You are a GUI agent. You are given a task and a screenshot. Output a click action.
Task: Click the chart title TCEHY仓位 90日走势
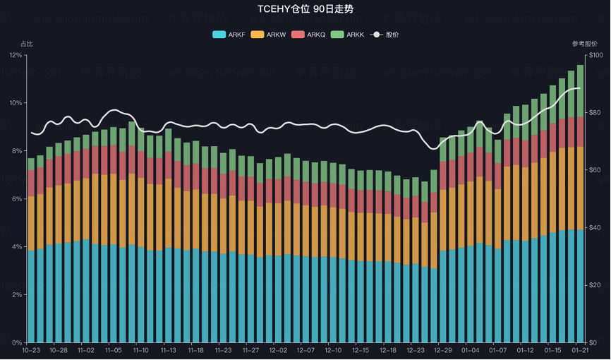coord(305,9)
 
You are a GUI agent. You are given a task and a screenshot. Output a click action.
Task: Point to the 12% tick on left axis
coord(15,55)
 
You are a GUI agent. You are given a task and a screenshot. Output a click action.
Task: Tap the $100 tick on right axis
coord(595,55)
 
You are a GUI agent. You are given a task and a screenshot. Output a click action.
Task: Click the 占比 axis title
coord(27,44)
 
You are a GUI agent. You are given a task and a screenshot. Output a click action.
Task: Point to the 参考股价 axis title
coord(585,44)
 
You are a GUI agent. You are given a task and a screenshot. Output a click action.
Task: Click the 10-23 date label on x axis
coord(31,350)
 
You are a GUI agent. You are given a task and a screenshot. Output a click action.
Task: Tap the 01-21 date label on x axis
coord(580,350)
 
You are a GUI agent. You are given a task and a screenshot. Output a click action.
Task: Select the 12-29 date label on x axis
coord(443,350)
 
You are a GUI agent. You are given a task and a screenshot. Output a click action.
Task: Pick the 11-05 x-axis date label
coord(113,350)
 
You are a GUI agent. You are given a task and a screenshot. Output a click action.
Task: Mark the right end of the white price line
coord(580,88)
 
